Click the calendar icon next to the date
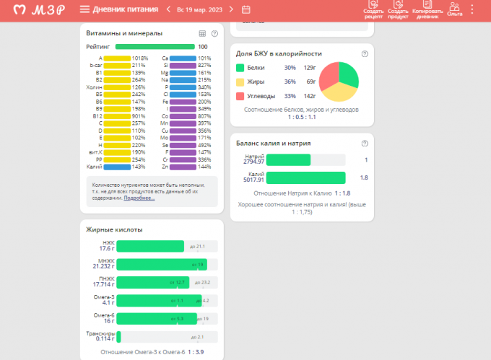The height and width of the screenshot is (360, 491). [x=246, y=9]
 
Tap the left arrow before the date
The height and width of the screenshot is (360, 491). [x=168, y=9]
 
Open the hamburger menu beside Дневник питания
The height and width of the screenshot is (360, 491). [x=85, y=9]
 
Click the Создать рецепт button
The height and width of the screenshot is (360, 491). [x=373, y=10]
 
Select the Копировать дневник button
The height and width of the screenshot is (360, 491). [x=427, y=10]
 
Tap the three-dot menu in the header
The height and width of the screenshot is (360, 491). [x=472, y=9]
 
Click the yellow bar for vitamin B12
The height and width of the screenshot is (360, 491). [x=117, y=115]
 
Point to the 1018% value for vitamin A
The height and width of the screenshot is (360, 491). [x=139, y=58]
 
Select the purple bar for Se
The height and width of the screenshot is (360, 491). [x=182, y=144]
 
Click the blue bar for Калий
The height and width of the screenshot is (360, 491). [x=117, y=166]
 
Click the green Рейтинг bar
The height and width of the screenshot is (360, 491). [x=155, y=47]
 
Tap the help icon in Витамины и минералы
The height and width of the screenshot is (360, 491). [x=214, y=33]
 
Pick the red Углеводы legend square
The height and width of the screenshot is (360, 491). [x=240, y=96]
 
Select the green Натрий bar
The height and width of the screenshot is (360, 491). [x=288, y=160]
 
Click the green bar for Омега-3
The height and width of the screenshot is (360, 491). [x=159, y=300]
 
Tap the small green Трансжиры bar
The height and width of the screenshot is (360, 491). [x=118, y=337]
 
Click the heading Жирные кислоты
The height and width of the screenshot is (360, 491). [x=114, y=229]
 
